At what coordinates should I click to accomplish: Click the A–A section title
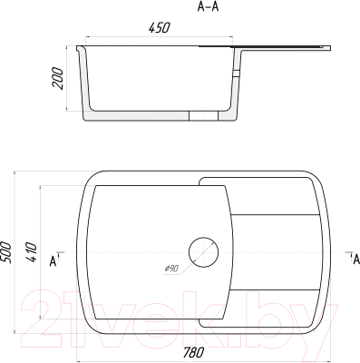pyautogui.click(x=208, y=6)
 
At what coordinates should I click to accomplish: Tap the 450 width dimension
pyautogui.click(x=160, y=27)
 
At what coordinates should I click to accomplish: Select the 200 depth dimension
pyautogui.click(x=58, y=78)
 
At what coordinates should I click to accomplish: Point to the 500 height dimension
pyautogui.click(x=6, y=252)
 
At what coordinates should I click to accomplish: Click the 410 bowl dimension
pyautogui.click(x=31, y=252)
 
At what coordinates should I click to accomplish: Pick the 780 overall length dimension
pyautogui.click(x=194, y=352)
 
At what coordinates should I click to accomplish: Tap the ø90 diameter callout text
pyautogui.click(x=171, y=268)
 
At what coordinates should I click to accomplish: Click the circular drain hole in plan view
pyautogui.click(x=203, y=252)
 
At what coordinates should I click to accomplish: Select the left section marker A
pyautogui.click(x=54, y=261)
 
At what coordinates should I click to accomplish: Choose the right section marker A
pyautogui.click(x=356, y=259)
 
